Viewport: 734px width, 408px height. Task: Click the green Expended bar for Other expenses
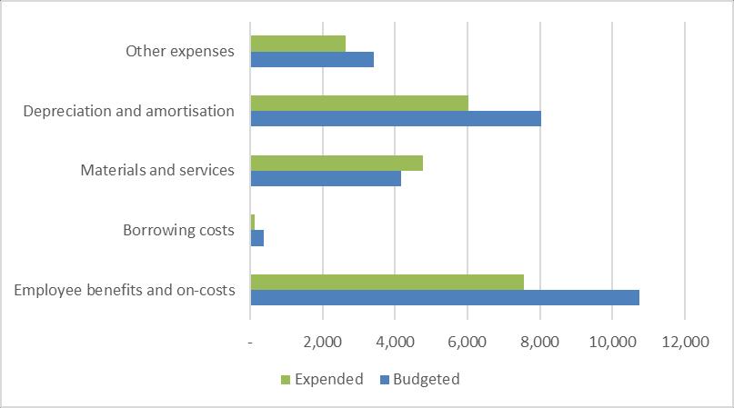pyautogui.click(x=297, y=44)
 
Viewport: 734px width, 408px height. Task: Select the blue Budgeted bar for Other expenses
pyautogui.click(x=312, y=60)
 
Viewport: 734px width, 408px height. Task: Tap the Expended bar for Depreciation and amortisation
pyautogui.click(x=359, y=103)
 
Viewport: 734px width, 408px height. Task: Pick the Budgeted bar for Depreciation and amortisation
pyautogui.click(x=396, y=119)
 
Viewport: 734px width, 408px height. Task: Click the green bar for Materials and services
pyautogui.click(x=337, y=163)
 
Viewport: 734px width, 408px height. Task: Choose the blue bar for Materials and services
pyautogui.click(x=326, y=179)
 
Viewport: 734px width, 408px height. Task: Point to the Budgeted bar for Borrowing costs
pyautogui.click(x=257, y=238)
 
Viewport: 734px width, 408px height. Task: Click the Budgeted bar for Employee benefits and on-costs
pyautogui.click(x=445, y=297)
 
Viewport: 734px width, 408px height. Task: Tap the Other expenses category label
pyautogui.click(x=180, y=52)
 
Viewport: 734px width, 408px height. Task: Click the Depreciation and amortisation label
pyautogui.click(x=129, y=112)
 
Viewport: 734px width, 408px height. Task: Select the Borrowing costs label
pyautogui.click(x=178, y=231)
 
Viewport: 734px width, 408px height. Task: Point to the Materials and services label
pyautogui.click(x=157, y=171)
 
